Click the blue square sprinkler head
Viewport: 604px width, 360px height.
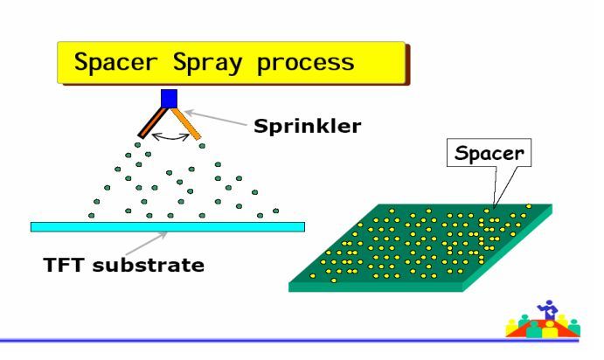pos(170,97)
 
